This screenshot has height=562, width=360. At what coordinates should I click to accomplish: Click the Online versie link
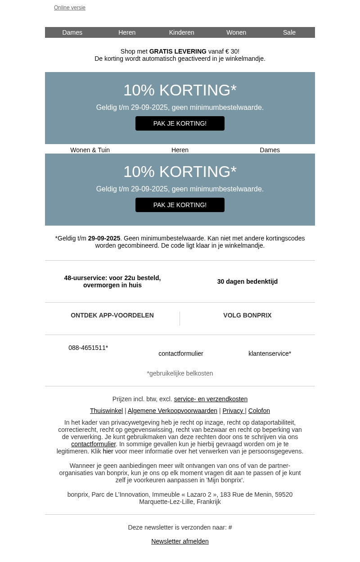pos(70,8)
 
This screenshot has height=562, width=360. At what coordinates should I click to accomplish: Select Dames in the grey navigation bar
pos(72,32)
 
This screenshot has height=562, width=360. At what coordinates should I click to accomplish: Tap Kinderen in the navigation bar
pos(181,32)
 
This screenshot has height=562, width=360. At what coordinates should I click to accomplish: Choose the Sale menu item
pos(289,32)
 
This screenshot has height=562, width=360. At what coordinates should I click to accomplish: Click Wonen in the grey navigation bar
pos(236,32)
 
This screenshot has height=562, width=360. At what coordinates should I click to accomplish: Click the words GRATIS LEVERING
pos(178,51)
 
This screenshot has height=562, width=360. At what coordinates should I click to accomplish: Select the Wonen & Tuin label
pos(90,150)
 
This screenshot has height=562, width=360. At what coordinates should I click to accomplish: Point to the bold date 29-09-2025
pos(104,238)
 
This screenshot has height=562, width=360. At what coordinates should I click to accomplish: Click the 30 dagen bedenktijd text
pos(247,281)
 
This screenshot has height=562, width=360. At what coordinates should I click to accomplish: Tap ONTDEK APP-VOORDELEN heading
pos(112,315)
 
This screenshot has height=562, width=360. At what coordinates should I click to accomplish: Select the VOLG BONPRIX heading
pos(247,315)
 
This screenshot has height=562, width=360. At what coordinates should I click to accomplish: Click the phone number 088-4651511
pos(88,348)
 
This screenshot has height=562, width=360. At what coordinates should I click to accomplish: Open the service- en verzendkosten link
pos(211,399)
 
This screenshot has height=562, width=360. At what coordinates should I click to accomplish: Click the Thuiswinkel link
pos(106,411)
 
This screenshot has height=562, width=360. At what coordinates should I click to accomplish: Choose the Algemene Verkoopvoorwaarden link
pos(172,411)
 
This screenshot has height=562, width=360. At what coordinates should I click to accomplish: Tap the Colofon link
pos(259,411)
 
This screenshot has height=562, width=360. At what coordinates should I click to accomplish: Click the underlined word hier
pos(108,451)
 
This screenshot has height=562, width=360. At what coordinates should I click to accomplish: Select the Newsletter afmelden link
pos(180,541)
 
